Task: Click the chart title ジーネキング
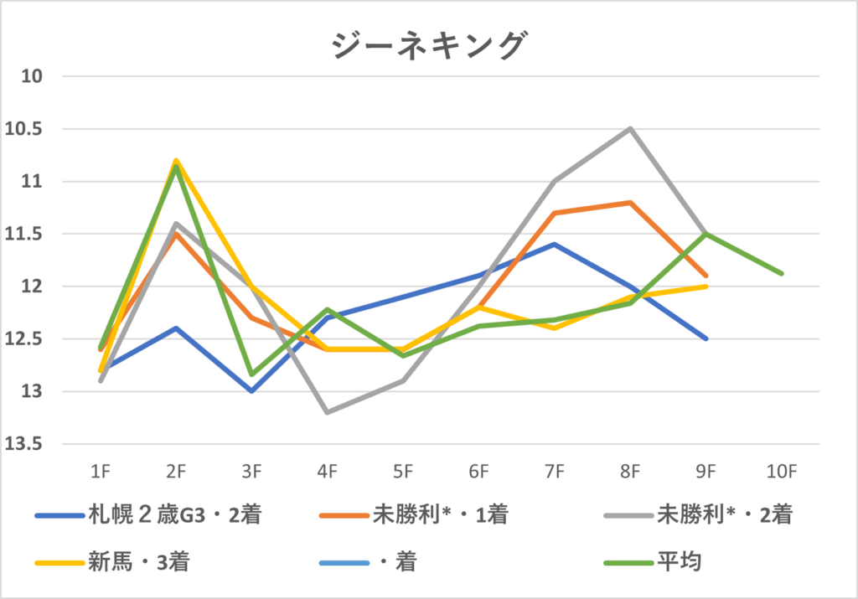pos(428,45)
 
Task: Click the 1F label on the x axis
pos(100,472)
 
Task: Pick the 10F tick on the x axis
pos(781,472)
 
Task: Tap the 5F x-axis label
pos(403,472)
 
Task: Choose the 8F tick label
pos(630,472)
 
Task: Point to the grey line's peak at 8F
pos(630,129)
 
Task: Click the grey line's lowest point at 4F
pos(328,412)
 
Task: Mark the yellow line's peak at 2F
pos(176,160)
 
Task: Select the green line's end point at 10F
pos(782,273)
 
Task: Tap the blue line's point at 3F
pos(251,391)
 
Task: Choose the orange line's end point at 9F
pos(706,276)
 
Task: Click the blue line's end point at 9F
pos(706,338)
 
